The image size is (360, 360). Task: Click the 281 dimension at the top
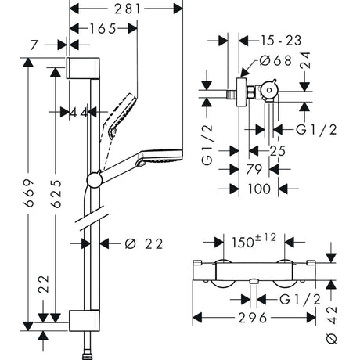coord(126,10)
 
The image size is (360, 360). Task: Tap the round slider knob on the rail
coord(94,181)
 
